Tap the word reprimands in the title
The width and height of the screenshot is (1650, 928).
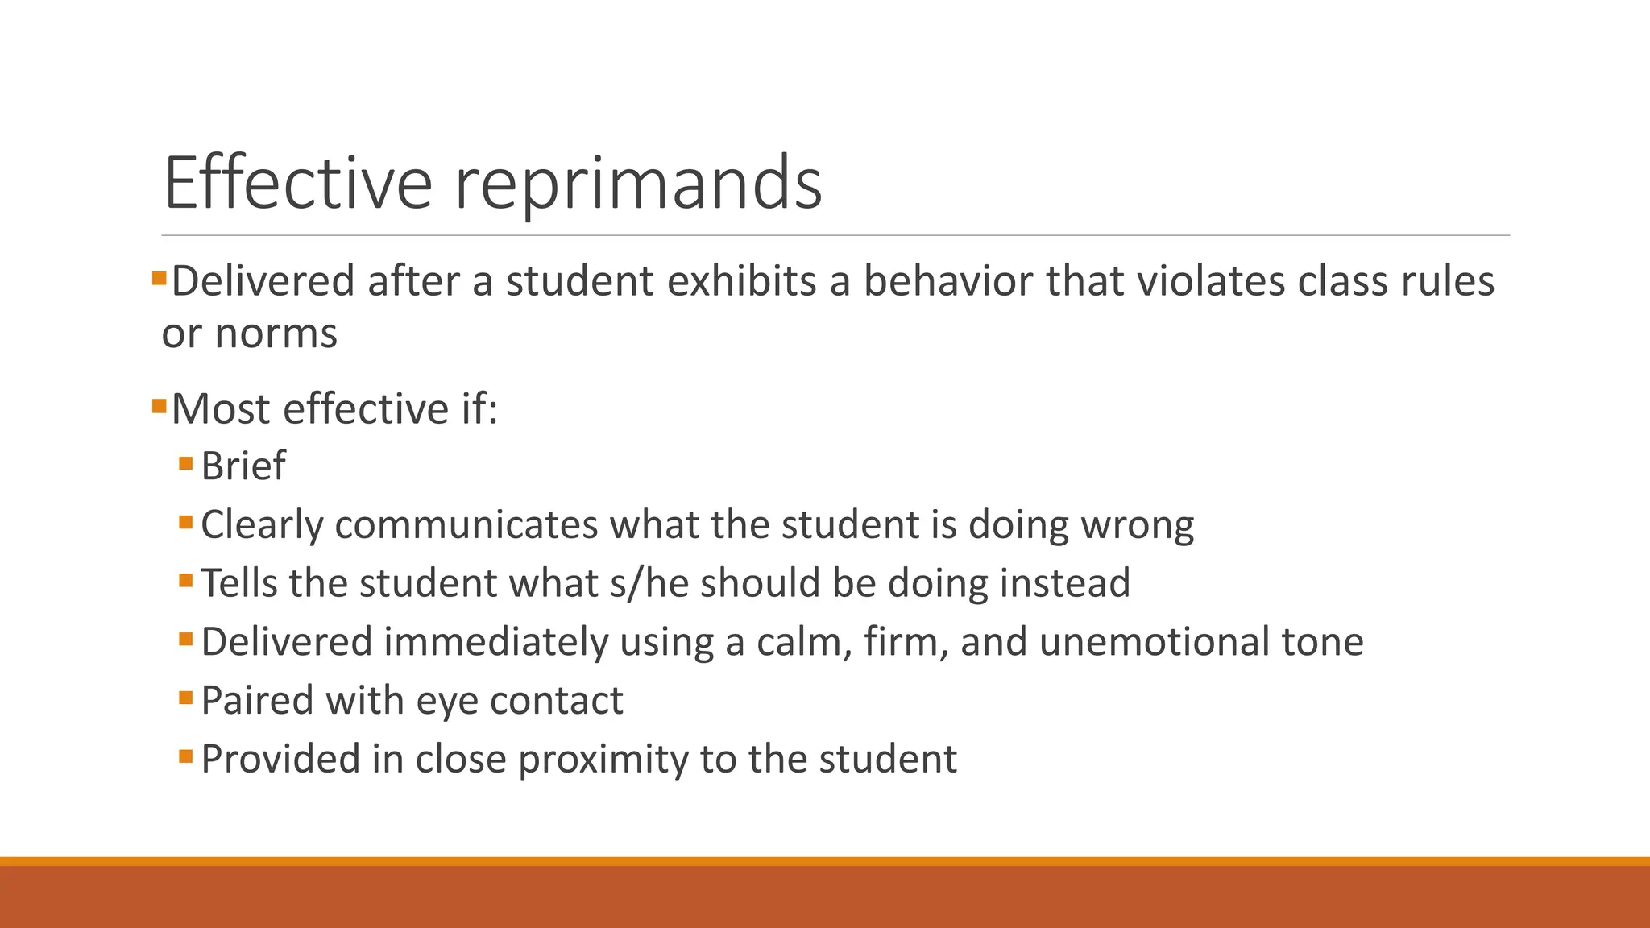point(638,184)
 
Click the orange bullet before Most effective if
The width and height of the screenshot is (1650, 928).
point(159,404)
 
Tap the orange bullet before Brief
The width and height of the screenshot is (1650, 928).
point(186,464)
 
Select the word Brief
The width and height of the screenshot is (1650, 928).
point(243,466)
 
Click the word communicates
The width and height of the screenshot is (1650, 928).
point(466,524)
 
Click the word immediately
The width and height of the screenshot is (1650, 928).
point(495,642)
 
